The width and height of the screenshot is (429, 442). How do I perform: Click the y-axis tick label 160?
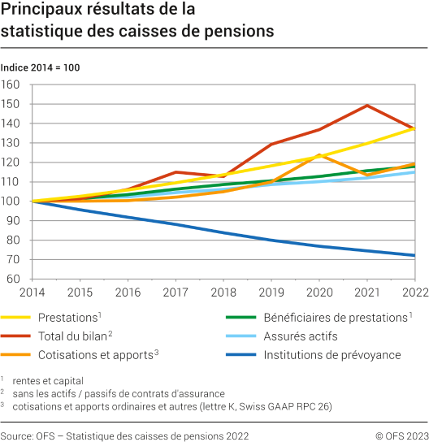(x=13, y=84)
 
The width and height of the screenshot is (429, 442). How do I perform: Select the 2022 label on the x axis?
(x=414, y=292)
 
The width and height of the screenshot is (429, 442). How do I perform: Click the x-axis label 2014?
(x=32, y=292)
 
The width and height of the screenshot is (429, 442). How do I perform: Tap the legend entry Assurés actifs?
(x=301, y=336)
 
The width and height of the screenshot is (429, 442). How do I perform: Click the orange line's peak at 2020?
(x=320, y=154)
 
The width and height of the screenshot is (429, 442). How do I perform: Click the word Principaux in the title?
(x=41, y=11)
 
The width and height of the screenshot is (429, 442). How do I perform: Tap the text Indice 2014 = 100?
(x=40, y=67)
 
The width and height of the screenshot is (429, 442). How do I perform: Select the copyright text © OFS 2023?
(x=401, y=435)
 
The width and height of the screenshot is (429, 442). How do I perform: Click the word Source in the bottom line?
(x=17, y=435)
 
